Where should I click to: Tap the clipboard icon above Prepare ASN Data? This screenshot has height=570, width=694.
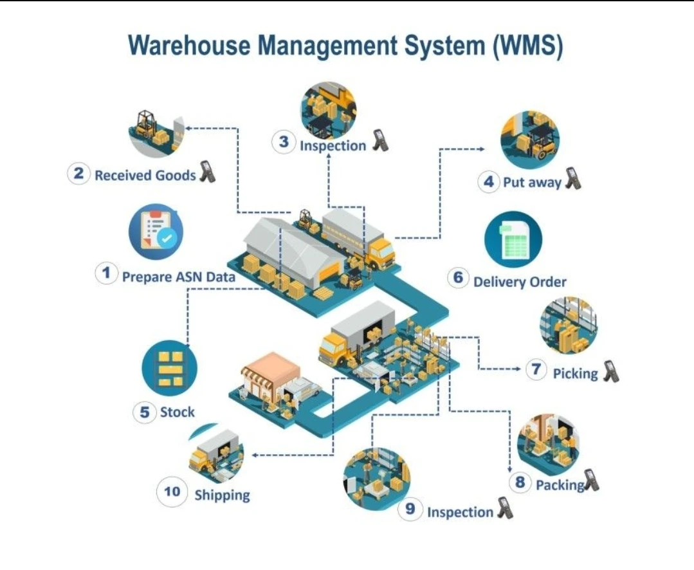pos(156,231)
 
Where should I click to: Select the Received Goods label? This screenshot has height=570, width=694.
pos(145,175)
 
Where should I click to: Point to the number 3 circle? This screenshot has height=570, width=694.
pos(284,142)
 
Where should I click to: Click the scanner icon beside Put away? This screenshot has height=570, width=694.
pos(572,178)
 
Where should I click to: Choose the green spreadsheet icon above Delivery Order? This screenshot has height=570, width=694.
pos(513,239)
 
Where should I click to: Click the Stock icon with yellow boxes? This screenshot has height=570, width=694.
pos(169,368)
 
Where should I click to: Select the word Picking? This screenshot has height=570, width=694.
pos(575,373)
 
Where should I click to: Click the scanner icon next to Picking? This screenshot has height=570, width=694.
pos(610,371)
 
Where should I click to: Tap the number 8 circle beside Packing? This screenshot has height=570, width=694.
pos(520,482)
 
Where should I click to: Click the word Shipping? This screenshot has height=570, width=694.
pos(222,495)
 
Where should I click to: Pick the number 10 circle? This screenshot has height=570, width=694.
pos(172,492)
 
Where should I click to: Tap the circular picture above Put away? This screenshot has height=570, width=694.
pos(530,139)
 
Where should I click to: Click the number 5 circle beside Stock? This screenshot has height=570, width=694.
pos(145,412)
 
